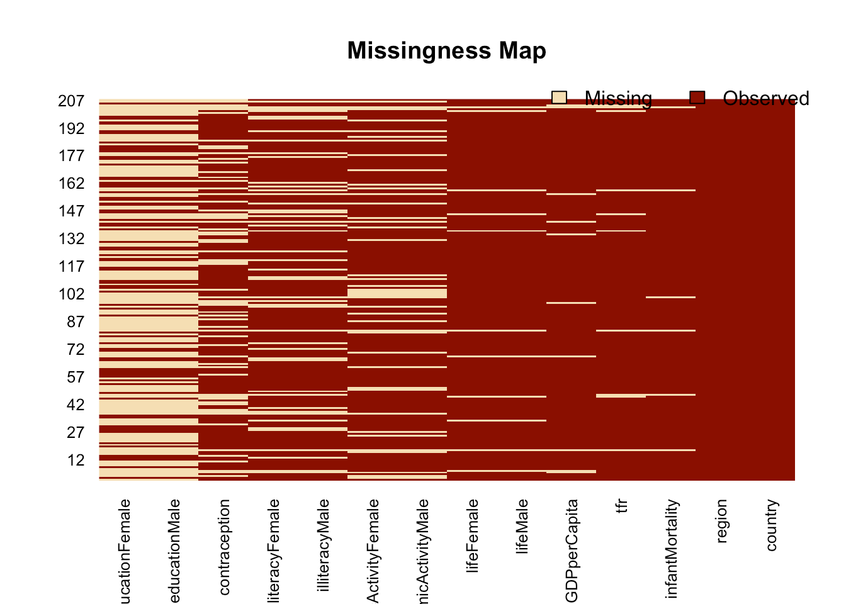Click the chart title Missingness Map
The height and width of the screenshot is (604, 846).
point(446,50)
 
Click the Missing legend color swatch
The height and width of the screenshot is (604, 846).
point(559,98)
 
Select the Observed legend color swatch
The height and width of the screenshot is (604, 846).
point(697,98)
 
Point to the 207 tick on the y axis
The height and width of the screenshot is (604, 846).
point(71,101)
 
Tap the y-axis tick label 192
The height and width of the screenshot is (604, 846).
point(71,128)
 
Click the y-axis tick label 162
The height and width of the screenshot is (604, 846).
point(71,184)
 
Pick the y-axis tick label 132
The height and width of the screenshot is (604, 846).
point(71,239)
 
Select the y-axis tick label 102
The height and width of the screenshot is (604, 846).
point(71,294)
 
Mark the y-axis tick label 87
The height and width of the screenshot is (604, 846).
point(76,322)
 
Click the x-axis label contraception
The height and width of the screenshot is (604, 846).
point(224,547)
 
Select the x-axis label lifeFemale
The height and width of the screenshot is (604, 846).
point(473,535)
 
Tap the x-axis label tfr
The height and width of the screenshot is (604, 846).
point(621,506)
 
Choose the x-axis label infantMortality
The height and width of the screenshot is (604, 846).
point(671,548)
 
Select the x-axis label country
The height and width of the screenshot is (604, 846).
point(771,525)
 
